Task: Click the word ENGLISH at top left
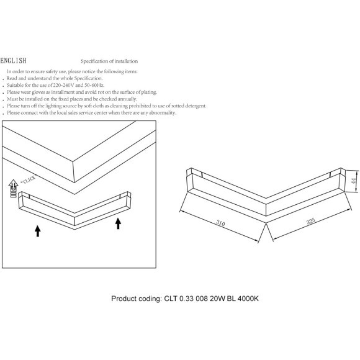[x=13, y=61]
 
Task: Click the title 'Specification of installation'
[x=109, y=61]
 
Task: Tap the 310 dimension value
[x=220, y=223]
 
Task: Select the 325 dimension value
[x=310, y=220]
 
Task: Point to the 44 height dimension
[x=354, y=181]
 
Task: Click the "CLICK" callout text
[x=29, y=179]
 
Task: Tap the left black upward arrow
[x=38, y=231]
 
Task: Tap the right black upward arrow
[x=118, y=223]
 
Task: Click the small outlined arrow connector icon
[x=13, y=188]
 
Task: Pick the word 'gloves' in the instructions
[x=37, y=92]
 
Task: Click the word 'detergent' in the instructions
[x=196, y=106]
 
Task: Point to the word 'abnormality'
[x=163, y=113]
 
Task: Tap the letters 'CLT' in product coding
[x=171, y=299]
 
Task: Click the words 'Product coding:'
[x=137, y=299]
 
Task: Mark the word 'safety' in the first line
[x=51, y=71]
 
